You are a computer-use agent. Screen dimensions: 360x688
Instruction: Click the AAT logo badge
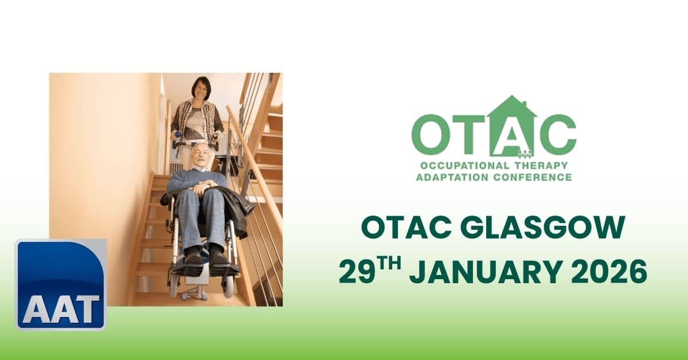coord(61,284)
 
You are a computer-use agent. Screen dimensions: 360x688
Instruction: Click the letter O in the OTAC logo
coord(433,135)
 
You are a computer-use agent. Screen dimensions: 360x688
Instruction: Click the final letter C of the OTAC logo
coord(555,135)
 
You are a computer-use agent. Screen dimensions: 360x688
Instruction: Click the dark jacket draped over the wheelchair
coord(236,208)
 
